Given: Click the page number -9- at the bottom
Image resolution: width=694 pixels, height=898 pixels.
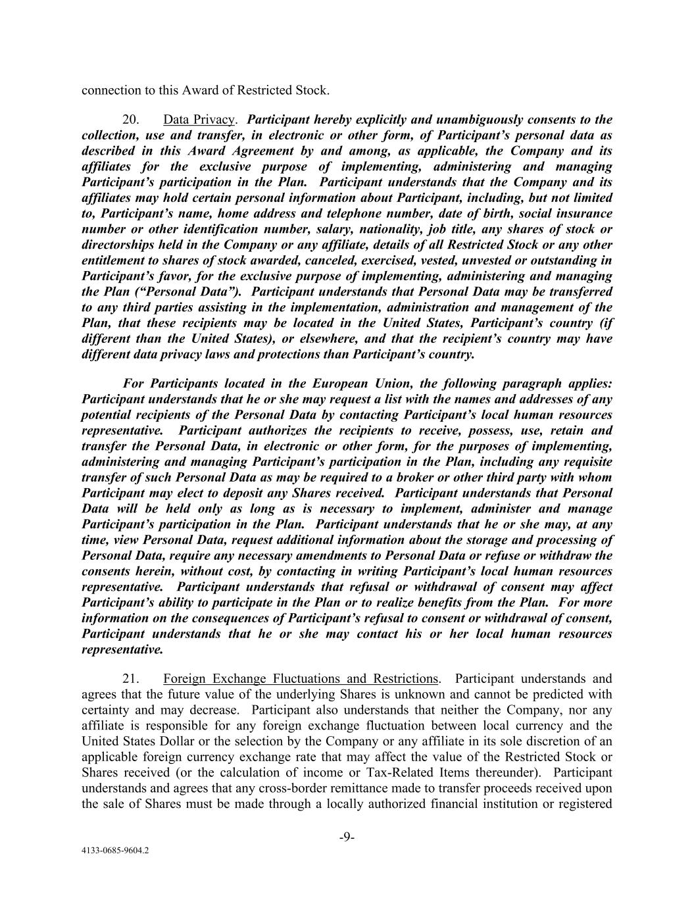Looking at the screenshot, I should click(347, 837).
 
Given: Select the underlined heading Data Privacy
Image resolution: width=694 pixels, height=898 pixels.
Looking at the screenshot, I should click(199, 120).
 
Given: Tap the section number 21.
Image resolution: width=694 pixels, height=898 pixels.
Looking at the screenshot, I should click(130, 679).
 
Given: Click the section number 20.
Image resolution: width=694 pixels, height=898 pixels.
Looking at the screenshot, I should click(130, 120).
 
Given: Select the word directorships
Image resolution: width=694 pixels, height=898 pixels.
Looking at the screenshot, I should click(120, 245).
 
